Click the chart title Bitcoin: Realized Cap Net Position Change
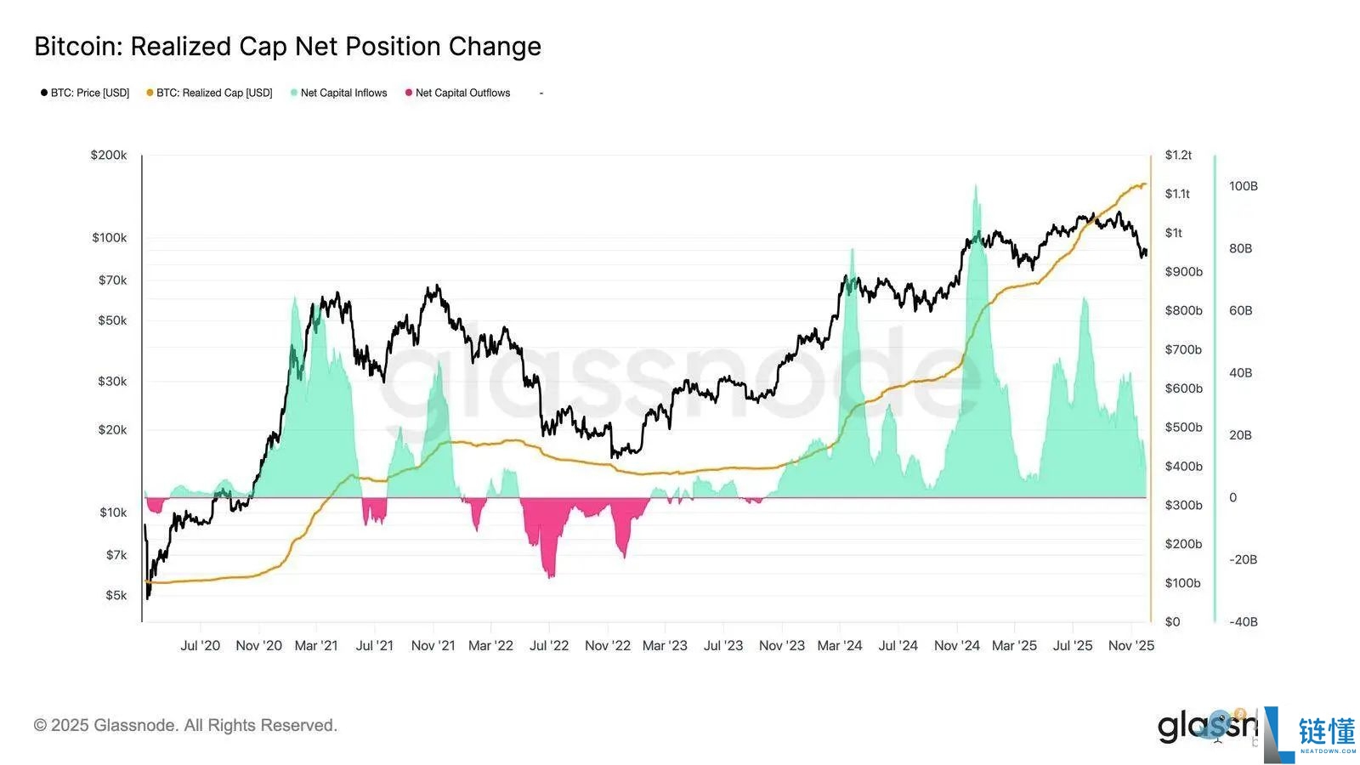(287, 47)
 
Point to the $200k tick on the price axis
(109, 155)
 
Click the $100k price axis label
(110, 237)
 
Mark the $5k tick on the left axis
(116, 595)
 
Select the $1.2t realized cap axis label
(1178, 155)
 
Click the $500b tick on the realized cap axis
(1183, 427)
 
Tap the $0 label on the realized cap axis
(1172, 621)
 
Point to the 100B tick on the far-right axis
(1243, 186)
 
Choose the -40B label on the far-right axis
(1243, 621)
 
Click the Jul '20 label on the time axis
(200, 645)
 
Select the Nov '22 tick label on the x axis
(607, 645)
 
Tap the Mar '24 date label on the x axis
(839, 645)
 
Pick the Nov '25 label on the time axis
(1130, 645)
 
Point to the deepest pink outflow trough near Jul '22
(550, 576)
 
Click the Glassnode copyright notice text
(185, 725)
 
